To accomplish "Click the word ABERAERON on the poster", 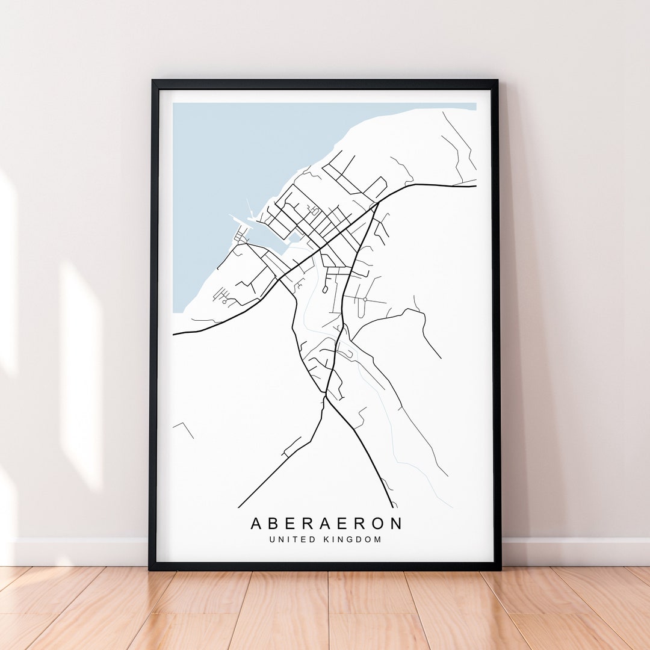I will pyautogui.click(x=326, y=523).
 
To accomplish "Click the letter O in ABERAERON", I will pyautogui.click(x=377, y=523).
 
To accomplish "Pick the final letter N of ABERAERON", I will pyautogui.click(x=395, y=523).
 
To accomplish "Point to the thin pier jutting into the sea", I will pyautogui.click(x=249, y=208).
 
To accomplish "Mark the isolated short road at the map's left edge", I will pyautogui.click(x=184, y=428).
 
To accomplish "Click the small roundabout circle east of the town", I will pyautogui.click(x=365, y=299).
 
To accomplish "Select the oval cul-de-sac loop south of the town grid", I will pyautogui.click(x=325, y=289).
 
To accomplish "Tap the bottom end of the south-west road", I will pyautogui.click(x=239, y=507).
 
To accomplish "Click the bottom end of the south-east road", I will pyautogui.click(x=392, y=507).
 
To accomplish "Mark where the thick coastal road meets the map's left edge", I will pyautogui.click(x=174, y=334).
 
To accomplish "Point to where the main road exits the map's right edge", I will pyautogui.click(x=475, y=186).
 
